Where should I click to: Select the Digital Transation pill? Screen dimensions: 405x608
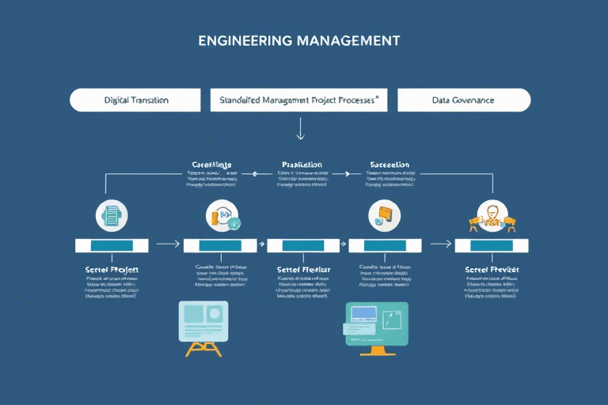135,100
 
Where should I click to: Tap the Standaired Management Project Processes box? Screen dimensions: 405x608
298,100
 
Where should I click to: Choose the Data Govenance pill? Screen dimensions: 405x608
463,100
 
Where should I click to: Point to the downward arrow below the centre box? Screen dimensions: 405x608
300,128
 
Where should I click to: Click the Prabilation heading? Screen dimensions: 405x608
302,165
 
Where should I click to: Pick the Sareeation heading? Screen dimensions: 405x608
389,165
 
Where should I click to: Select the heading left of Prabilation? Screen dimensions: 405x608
211,165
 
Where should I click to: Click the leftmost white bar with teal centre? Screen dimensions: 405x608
112,245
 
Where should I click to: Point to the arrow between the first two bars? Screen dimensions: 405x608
167,245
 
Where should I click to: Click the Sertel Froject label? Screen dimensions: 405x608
112,270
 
